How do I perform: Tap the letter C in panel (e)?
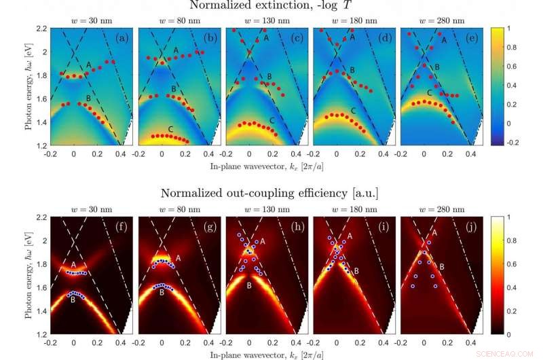pyautogui.click(x=430, y=92)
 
